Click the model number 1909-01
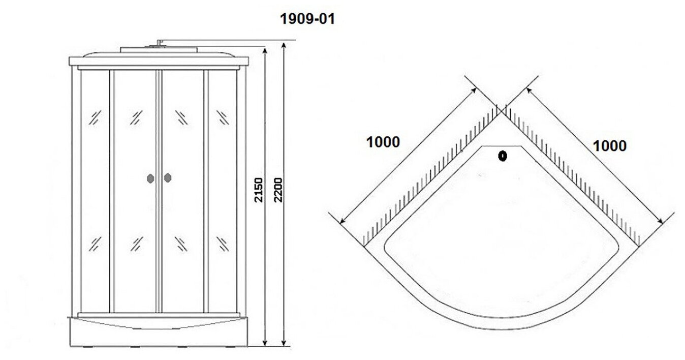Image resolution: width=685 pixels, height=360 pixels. point(307,19)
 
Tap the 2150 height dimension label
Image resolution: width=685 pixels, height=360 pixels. point(259,190)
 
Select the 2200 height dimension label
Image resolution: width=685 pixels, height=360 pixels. point(277,189)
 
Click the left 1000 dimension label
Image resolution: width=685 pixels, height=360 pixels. point(383,142)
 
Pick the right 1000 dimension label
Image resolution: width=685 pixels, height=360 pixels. point(609,146)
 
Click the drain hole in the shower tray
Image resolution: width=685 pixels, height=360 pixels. point(503,157)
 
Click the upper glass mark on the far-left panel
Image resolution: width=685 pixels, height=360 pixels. point(95,118)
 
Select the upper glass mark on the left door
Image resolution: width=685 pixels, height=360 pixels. point(136,118)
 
